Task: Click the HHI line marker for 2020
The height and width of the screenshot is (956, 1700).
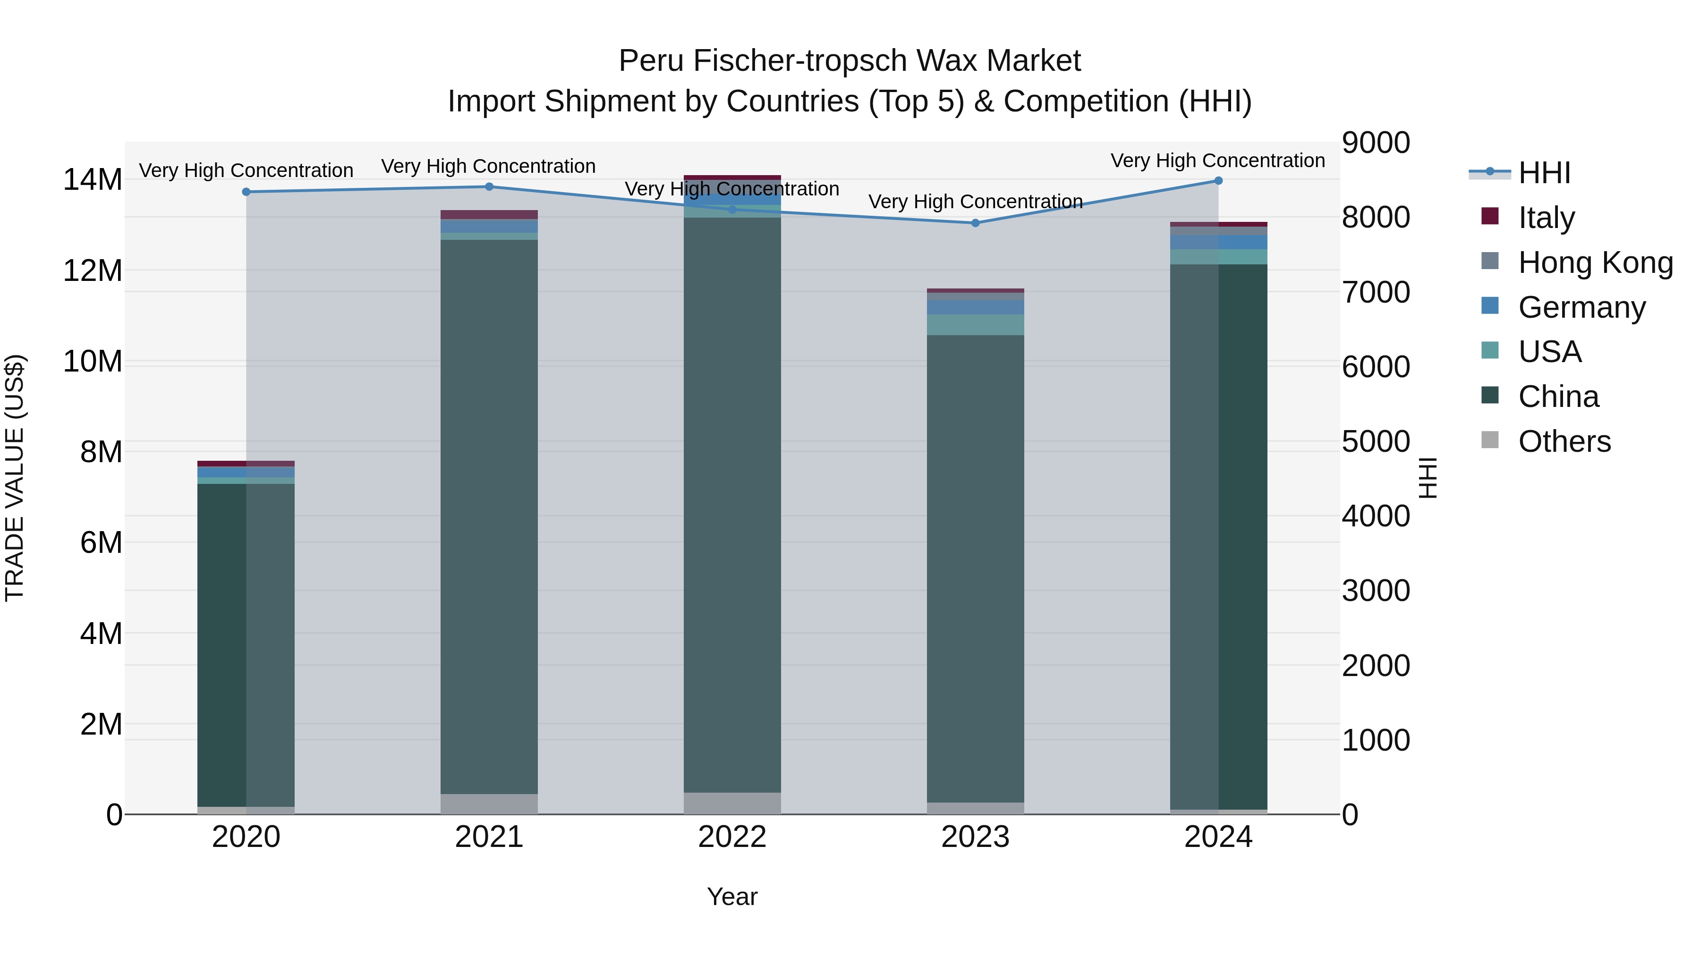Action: pyautogui.click(x=246, y=192)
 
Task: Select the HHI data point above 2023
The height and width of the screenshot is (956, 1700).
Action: pyautogui.click(x=976, y=223)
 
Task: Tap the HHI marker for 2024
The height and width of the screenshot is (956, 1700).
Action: pyautogui.click(x=1218, y=181)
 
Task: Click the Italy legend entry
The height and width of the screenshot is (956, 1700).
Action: pyautogui.click(x=1546, y=218)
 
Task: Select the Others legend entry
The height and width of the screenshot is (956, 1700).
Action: pyautogui.click(x=1564, y=441)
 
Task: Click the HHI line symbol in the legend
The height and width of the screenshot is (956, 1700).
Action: pyautogui.click(x=1489, y=172)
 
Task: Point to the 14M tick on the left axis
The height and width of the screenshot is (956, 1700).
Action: pyautogui.click(x=93, y=180)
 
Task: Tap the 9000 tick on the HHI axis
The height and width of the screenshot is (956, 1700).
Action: pyautogui.click(x=1376, y=143)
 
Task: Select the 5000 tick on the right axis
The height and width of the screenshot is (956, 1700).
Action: pyautogui.click(x=1376, y=441)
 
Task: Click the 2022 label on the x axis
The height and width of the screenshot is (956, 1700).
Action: pyautogui.click(x=732, y=837)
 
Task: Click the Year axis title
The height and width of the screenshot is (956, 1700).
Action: pyautogui.click(x=732, y=897)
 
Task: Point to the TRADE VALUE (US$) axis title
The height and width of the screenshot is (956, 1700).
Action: pyautogui.click(x=15, y=478)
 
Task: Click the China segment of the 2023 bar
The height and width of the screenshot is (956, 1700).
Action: pyautogui.click(x=976, y=567)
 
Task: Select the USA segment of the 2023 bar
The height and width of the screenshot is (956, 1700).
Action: pyautogui.click(x=976, y=325)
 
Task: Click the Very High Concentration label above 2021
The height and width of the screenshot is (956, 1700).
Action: pyautogui.click(x=488, y=166)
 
